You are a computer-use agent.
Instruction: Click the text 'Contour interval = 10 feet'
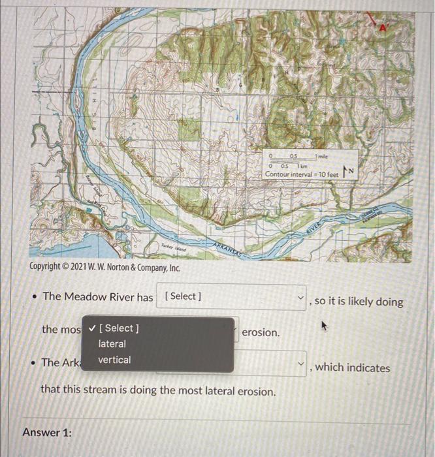click(x=302, y=174)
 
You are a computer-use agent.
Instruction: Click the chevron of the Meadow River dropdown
click(x=300, y=298)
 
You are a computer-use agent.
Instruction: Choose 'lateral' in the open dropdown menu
click(x=112, y=343)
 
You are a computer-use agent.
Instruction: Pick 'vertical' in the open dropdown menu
click(x=114, y=360)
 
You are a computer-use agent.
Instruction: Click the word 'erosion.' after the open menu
click(x=261, y=332)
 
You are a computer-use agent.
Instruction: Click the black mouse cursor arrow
click(x=322, y=323)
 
